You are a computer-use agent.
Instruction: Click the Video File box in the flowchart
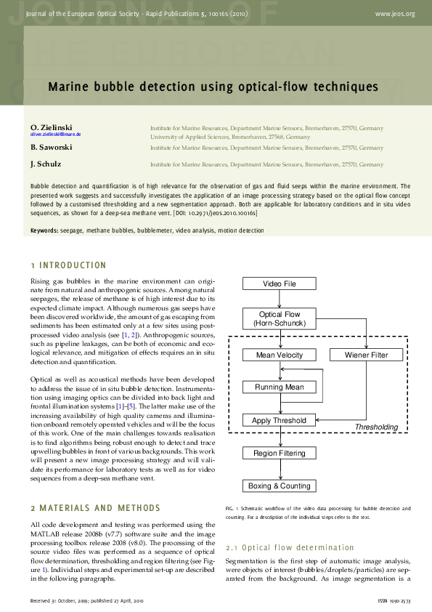tap(279, 283)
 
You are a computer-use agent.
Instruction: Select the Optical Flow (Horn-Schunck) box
tap(279, 318)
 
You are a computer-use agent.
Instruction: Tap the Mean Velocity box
tap(279, 355)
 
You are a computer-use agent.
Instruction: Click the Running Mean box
tap(279, 387)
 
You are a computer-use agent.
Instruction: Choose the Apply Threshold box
tap(279, 420)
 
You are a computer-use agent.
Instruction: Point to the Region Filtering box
tap(279, 453)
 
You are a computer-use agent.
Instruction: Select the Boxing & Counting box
tap(279, 486)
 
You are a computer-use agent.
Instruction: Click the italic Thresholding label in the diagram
tap(376, 427)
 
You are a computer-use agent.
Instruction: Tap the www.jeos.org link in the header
tap(395, 14)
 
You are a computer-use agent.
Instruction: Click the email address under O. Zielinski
tap(55, 135)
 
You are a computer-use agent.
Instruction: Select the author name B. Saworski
tap(51, 147)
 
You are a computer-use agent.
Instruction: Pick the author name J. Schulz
tap(45, 165)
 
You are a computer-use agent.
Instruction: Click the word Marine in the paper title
tap(68, 87)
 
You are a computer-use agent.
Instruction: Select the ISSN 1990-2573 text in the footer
tap(395, 602)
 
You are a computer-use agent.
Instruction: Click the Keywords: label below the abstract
tap(44, 230)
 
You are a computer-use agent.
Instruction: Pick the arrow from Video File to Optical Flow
tap(279, 299)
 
